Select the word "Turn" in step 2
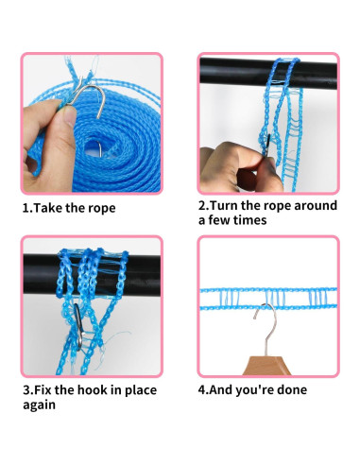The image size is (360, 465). click(x=224, y=205)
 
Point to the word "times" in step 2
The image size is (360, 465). click(x=249, y=220)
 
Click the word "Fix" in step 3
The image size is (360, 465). click(x=43, y=390)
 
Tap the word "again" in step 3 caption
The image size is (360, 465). click(x=39, y=405)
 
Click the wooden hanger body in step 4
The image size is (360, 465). click(x=266, y=366)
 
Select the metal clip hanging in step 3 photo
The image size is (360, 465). click(x=78, y=326)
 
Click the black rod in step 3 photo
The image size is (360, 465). click(x=92, y=274)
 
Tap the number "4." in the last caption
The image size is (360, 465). click(x=203, y=389)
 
